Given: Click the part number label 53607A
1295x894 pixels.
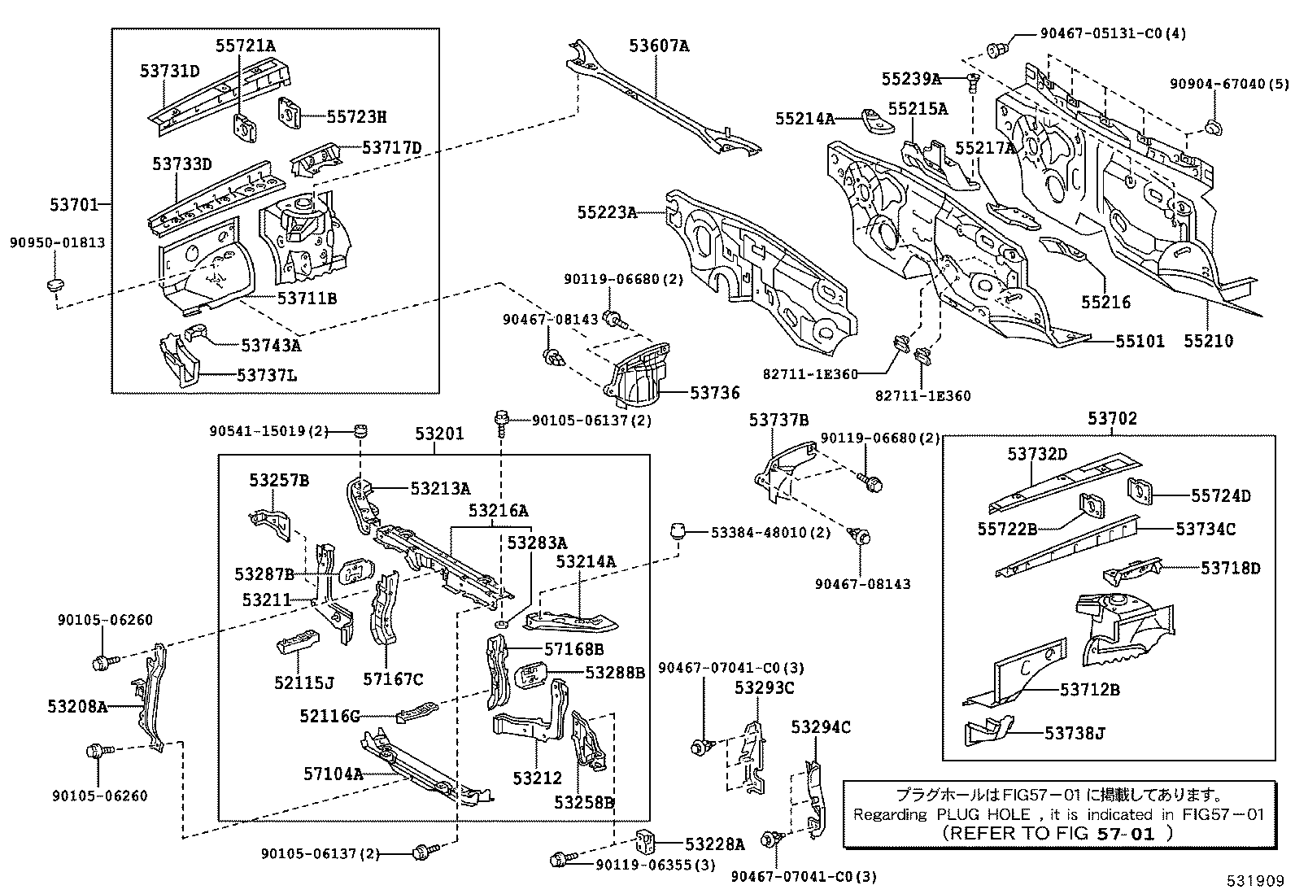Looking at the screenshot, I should coord(658,46).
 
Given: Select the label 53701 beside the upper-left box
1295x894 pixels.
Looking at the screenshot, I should coord(74,204).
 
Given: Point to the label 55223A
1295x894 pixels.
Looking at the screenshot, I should coord(607,212).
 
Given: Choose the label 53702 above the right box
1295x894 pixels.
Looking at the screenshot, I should coord(1112,419).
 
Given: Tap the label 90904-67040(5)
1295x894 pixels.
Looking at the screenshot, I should coord(1229,84).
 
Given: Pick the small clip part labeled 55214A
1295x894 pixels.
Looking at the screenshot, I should coord(874,120).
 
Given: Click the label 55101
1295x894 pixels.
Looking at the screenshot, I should coord(1139,341).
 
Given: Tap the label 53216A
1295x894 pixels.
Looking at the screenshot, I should coord(498,510).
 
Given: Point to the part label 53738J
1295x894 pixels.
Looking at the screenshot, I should coord(1075,734).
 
